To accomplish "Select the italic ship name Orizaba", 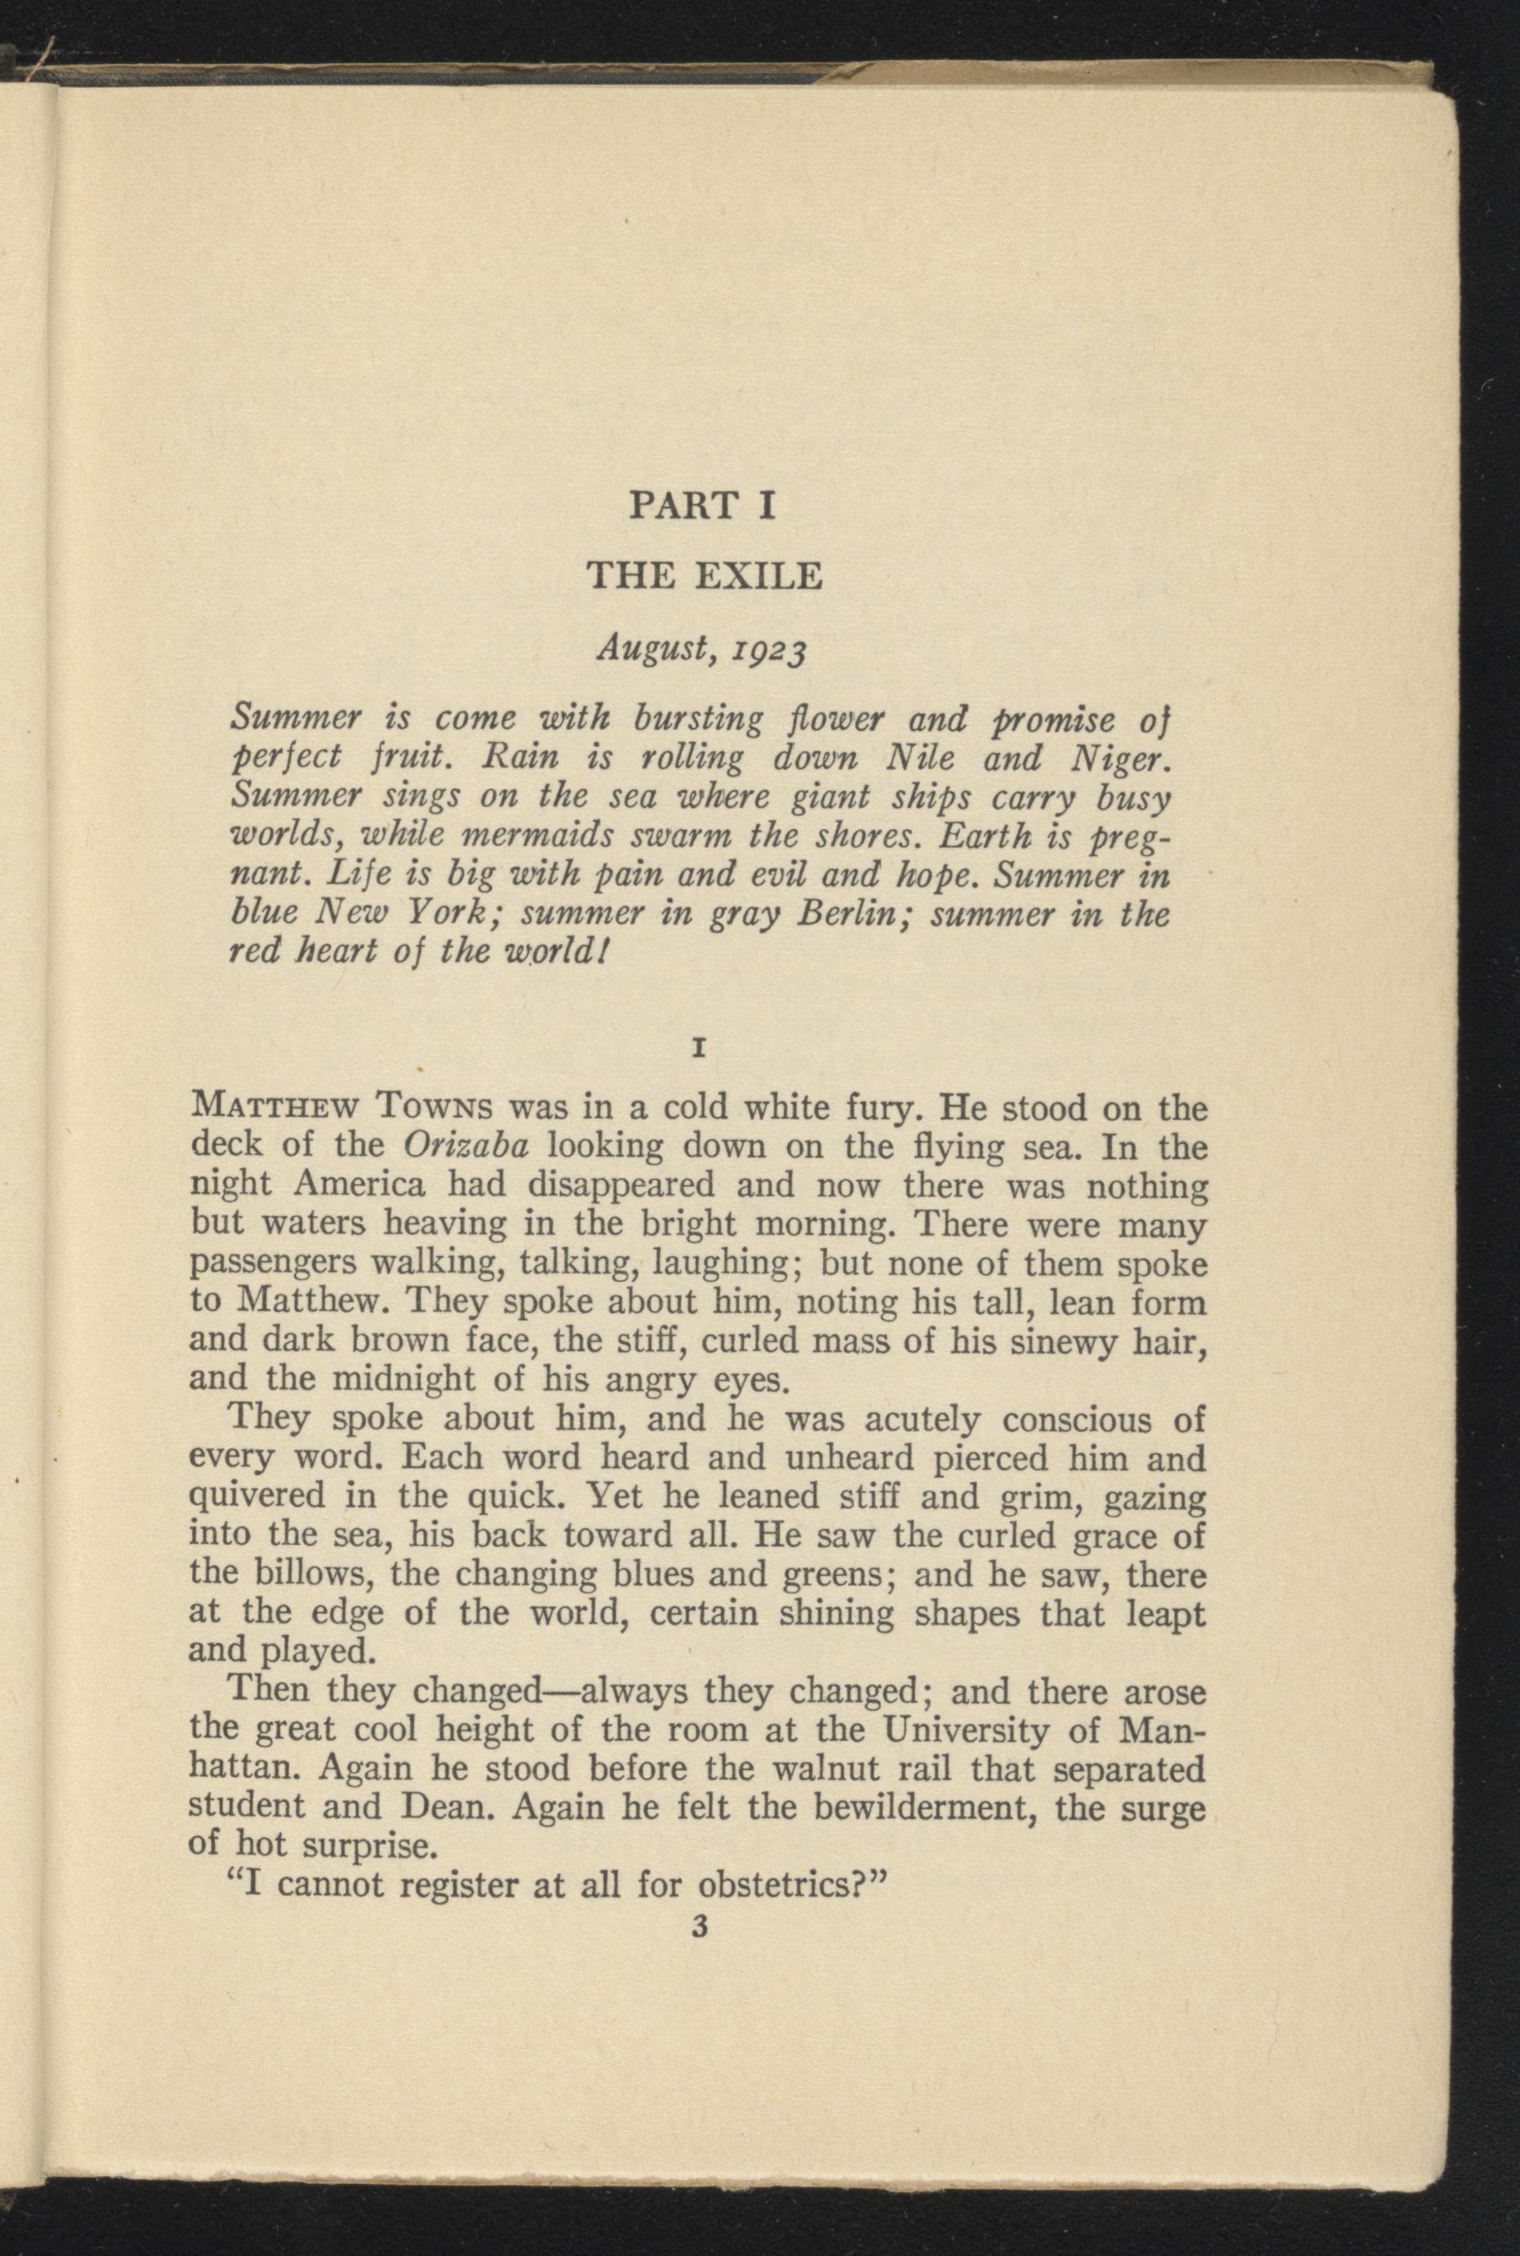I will (x=465, y=1145).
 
